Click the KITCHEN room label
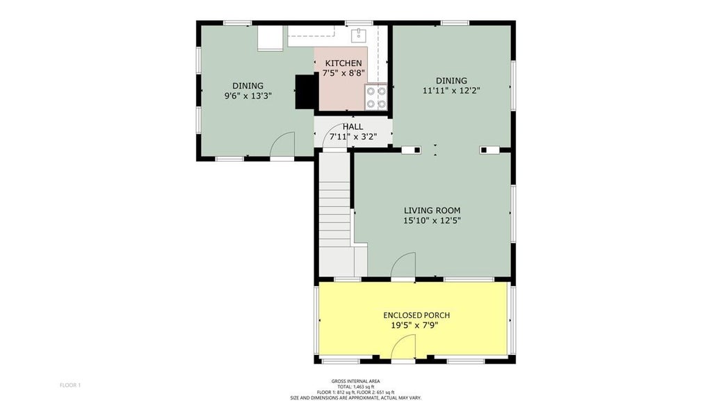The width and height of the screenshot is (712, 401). pyautogui.click(x=343, y=63)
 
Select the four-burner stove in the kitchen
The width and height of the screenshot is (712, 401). pyautogui.click(x=376, y=97)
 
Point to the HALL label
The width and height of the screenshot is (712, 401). pyautogui.click(x=353, y=127)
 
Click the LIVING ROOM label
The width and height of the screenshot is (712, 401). pyautogui.click(x=432, y=210)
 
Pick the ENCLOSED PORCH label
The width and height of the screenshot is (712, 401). pyautogui.click(x=416, y=315)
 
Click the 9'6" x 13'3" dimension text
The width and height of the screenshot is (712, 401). pyautogui.click(x=248, y=96)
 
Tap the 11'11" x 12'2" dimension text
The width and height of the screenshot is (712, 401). pyautogui.click(x=451, y=91)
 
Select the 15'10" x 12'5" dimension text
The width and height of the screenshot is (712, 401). pyautogui.click(x=432, y=221)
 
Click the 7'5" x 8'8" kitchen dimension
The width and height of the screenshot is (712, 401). pyautogui.click(x=343, y=73)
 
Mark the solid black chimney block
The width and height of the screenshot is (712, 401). pyautogui.click(x=305, y=91)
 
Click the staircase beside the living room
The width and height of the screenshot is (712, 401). pyautogui.click(x=336, y=214)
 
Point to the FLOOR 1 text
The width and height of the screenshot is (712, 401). pyautogui.click(x=70, y=385)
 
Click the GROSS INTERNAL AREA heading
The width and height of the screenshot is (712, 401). pyautogui.click(x=355, y=381)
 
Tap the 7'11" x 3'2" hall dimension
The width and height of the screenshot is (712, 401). pyautogui.click(x=353, y=136)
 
